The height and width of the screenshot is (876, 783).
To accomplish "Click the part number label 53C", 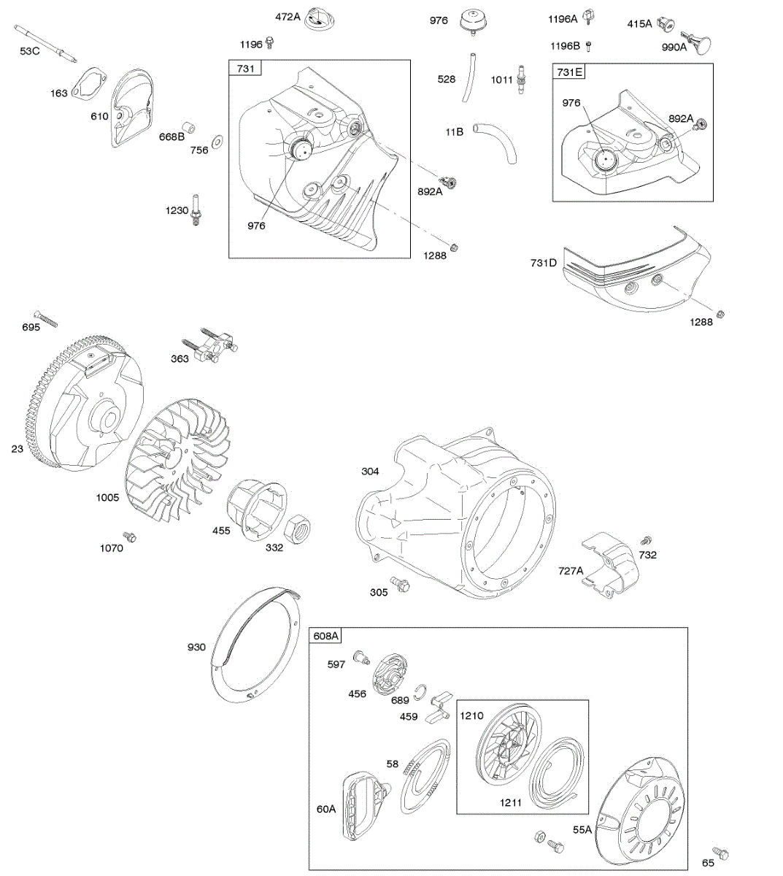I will pos(30,50).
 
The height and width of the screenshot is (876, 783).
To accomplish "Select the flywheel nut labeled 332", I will pos(298,527).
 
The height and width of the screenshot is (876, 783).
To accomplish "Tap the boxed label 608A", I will pos(326,636).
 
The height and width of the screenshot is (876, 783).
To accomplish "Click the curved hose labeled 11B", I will pos(495,142).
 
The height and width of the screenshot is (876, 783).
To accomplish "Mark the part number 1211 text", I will pos(511,803).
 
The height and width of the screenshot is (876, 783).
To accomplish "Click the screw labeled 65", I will pos(722,853).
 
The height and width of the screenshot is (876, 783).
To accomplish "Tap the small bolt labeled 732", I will pos(645,541).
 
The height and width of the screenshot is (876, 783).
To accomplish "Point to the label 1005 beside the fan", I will pos(107,497).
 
